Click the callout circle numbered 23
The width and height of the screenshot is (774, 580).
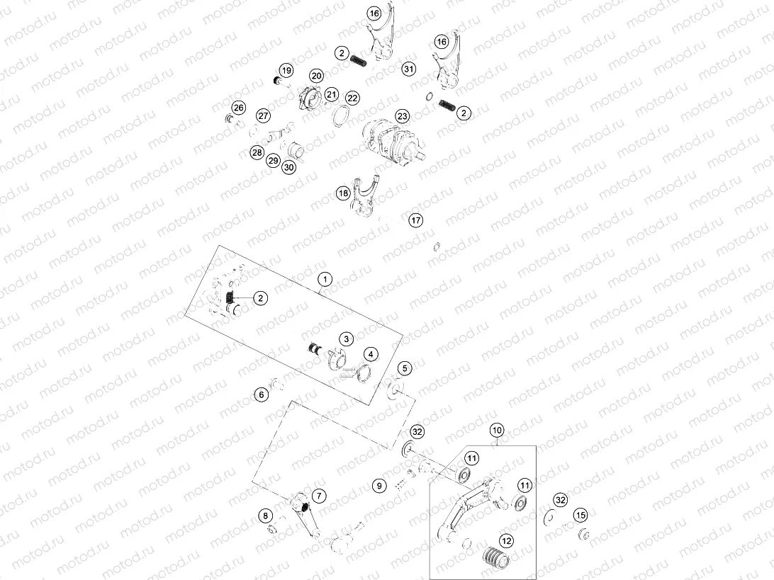pos(403,116)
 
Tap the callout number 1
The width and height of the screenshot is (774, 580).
pos(325,280)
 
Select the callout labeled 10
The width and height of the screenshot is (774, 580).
pos(497,430)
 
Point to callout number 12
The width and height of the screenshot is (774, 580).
pos(507,541)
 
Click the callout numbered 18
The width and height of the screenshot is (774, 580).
pos(344,193)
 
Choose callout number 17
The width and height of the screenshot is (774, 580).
pos(415,220)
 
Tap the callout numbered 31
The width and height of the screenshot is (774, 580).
pos(409,69)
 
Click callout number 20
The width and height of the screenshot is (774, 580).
pos(316,76)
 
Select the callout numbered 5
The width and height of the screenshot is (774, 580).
pos(405,368)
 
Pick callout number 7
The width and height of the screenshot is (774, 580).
pos(319,496)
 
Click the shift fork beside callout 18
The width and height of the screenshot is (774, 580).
pos(366,198)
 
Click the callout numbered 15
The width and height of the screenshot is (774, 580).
pos(580,516)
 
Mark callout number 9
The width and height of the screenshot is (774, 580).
pos(379,486)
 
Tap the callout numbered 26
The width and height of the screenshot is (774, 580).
pos(238,108)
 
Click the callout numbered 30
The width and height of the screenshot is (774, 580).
pos(289,167)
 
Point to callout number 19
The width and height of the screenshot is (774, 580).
pos(286,70)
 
